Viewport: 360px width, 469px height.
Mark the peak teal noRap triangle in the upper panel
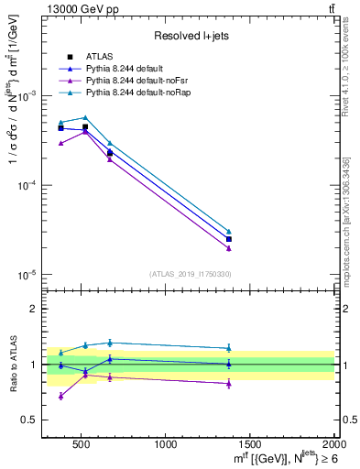tap(85, 117)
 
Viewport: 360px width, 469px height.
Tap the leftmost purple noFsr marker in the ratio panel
tap(61, 396)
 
